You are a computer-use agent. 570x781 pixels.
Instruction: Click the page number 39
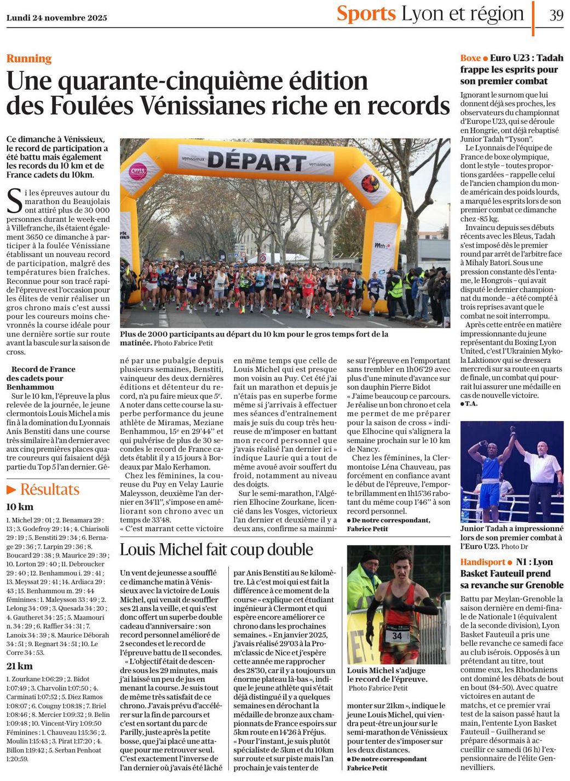point(556,15)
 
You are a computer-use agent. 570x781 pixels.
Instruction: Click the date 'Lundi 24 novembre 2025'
point(57,18)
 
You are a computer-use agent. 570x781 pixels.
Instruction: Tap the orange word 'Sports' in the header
point(366,14)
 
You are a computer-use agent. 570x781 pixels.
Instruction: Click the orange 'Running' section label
point(29,59)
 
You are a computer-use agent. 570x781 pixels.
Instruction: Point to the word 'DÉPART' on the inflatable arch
point(256,162)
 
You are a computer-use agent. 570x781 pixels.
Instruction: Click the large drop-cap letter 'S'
point(14,202)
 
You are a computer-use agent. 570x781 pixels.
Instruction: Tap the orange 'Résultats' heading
point(50,489)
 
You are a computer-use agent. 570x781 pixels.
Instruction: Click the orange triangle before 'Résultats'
point(11,489)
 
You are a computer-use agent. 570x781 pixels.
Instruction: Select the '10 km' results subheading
point(20,507)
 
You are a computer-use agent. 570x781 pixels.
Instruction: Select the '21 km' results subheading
point(19,666)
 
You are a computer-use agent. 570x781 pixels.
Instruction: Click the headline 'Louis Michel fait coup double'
point(216,550)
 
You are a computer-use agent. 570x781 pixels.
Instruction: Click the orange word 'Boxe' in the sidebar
point(470,58)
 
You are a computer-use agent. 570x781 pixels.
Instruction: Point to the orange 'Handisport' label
point(482,562)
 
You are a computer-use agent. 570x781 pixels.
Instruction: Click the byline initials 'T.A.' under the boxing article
point(471,404)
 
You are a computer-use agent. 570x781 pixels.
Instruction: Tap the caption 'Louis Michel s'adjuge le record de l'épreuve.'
point(386,675)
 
